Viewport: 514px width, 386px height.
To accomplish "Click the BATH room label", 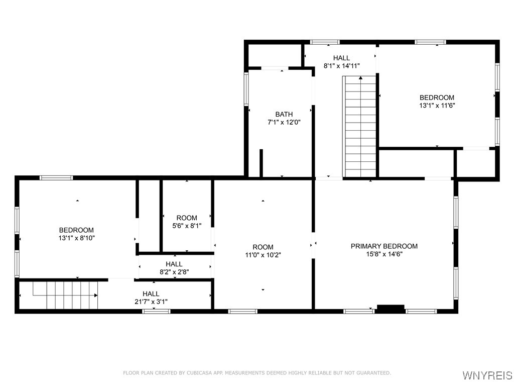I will tap(284, 114).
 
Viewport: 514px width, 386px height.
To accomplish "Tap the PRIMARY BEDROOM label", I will tap(384, 246).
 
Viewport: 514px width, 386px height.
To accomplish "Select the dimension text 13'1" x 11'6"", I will tap(437, 106).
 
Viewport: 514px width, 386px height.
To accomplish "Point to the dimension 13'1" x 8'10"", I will tap(77, 238).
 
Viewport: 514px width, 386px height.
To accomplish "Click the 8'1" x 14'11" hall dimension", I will tap(341, 66).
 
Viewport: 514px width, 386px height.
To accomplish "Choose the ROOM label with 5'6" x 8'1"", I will tap(187, 218).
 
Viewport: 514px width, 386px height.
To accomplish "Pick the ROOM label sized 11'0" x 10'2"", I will tap(263, 247).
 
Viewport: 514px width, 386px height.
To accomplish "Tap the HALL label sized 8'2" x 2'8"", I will tap(174, 264).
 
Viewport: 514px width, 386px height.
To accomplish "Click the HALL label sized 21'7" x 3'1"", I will tap(151, 294).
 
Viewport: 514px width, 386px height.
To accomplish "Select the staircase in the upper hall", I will tap(359, 126).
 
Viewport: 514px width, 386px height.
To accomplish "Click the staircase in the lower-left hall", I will tap(65, 295).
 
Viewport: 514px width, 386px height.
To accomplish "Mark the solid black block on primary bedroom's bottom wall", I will tap(391, 309).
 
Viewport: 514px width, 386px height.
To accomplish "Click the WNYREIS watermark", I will tap(487, 375).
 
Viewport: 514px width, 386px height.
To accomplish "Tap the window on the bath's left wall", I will tap(246, 89).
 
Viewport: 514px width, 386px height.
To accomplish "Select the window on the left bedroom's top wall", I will tap(56, 177).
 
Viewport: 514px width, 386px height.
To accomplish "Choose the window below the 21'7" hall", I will tap(156, 312).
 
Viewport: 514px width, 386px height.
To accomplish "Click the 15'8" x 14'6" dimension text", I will tap(384, 254).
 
